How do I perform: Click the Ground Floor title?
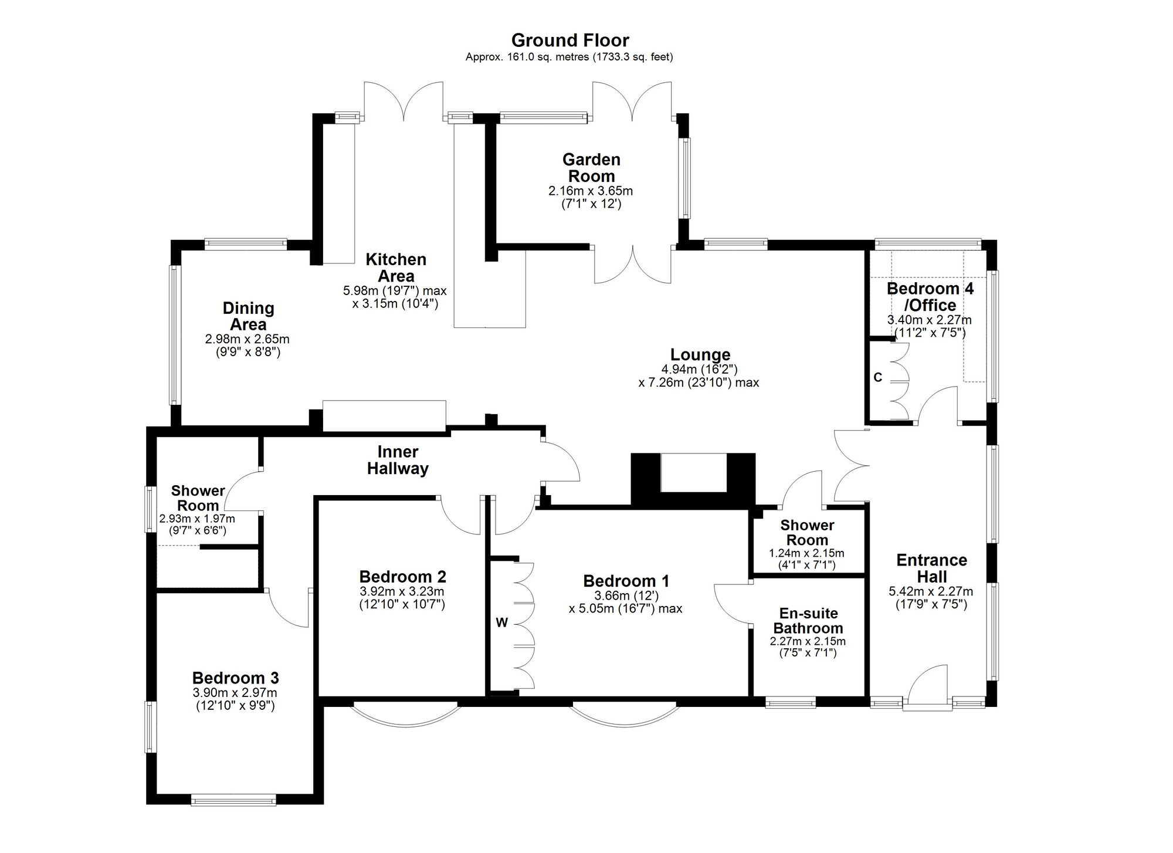[x=570, y=40]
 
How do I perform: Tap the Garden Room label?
[x=591, y=168]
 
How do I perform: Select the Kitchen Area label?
[x=396, y=268]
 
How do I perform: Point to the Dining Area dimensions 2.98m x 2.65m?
[x=247, y=339]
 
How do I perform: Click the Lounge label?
[x=700, y=355]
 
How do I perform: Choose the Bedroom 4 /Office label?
[x=930, y=297]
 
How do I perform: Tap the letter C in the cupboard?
[x=877, y=378]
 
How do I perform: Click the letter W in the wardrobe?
[x=502, y=623]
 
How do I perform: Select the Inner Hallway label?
[x=398, y=460]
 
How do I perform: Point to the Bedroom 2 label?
[x=403, y=577]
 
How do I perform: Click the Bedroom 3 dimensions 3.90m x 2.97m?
[x=235, y=693]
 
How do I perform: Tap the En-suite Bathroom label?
[x=808, y=621]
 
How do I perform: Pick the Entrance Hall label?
[x=931, y=568]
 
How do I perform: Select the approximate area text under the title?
[x=569, y=57]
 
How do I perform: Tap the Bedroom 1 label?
[x=626, y=581]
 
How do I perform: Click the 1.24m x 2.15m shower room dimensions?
[x=806, y=553]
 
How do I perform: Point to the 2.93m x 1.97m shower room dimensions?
[x=197, y=519]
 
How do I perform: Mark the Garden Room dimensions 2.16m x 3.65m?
[x=591, y=191]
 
